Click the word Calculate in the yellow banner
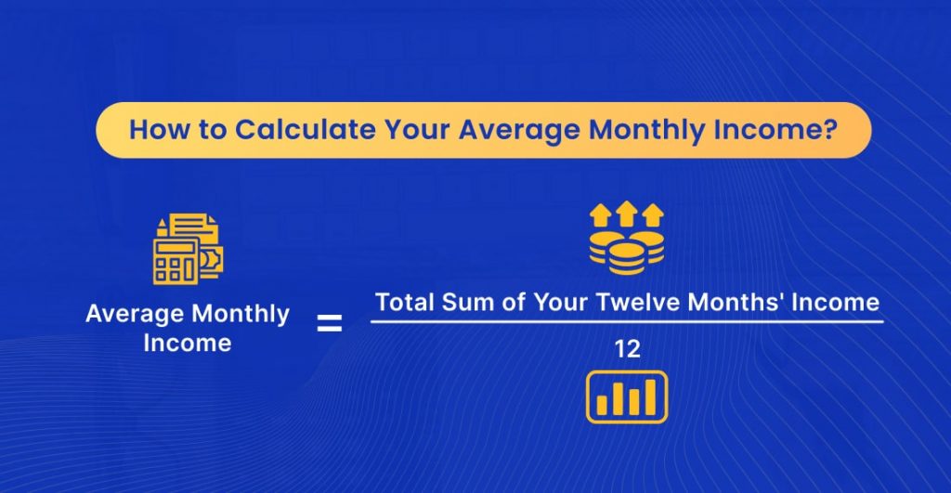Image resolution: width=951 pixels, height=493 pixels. click(286, 129)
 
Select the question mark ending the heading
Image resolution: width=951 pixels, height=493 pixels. click(826, 129)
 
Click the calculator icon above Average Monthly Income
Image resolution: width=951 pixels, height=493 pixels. click(176, 256)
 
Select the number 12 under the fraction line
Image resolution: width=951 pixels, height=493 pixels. click(627, 349)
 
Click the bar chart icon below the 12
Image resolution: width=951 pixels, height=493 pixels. click(627, 396)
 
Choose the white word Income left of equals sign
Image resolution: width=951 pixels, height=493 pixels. click(186, 343)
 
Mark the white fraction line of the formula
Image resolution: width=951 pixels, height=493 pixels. click(627, 322)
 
